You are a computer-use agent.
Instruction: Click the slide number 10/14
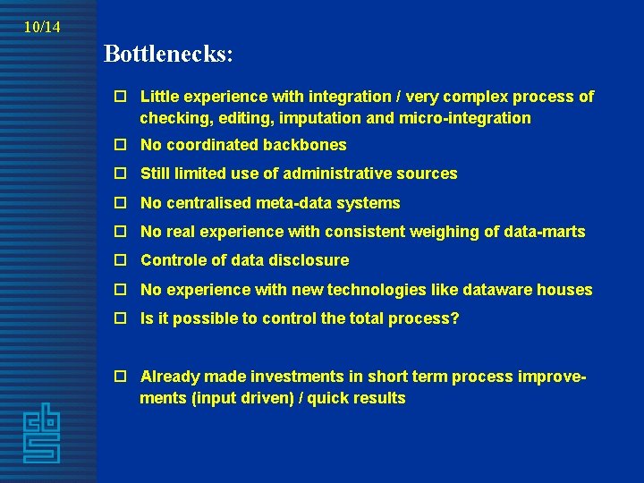42,27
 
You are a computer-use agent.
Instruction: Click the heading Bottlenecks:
168,54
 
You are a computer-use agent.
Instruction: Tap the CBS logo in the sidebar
42,434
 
